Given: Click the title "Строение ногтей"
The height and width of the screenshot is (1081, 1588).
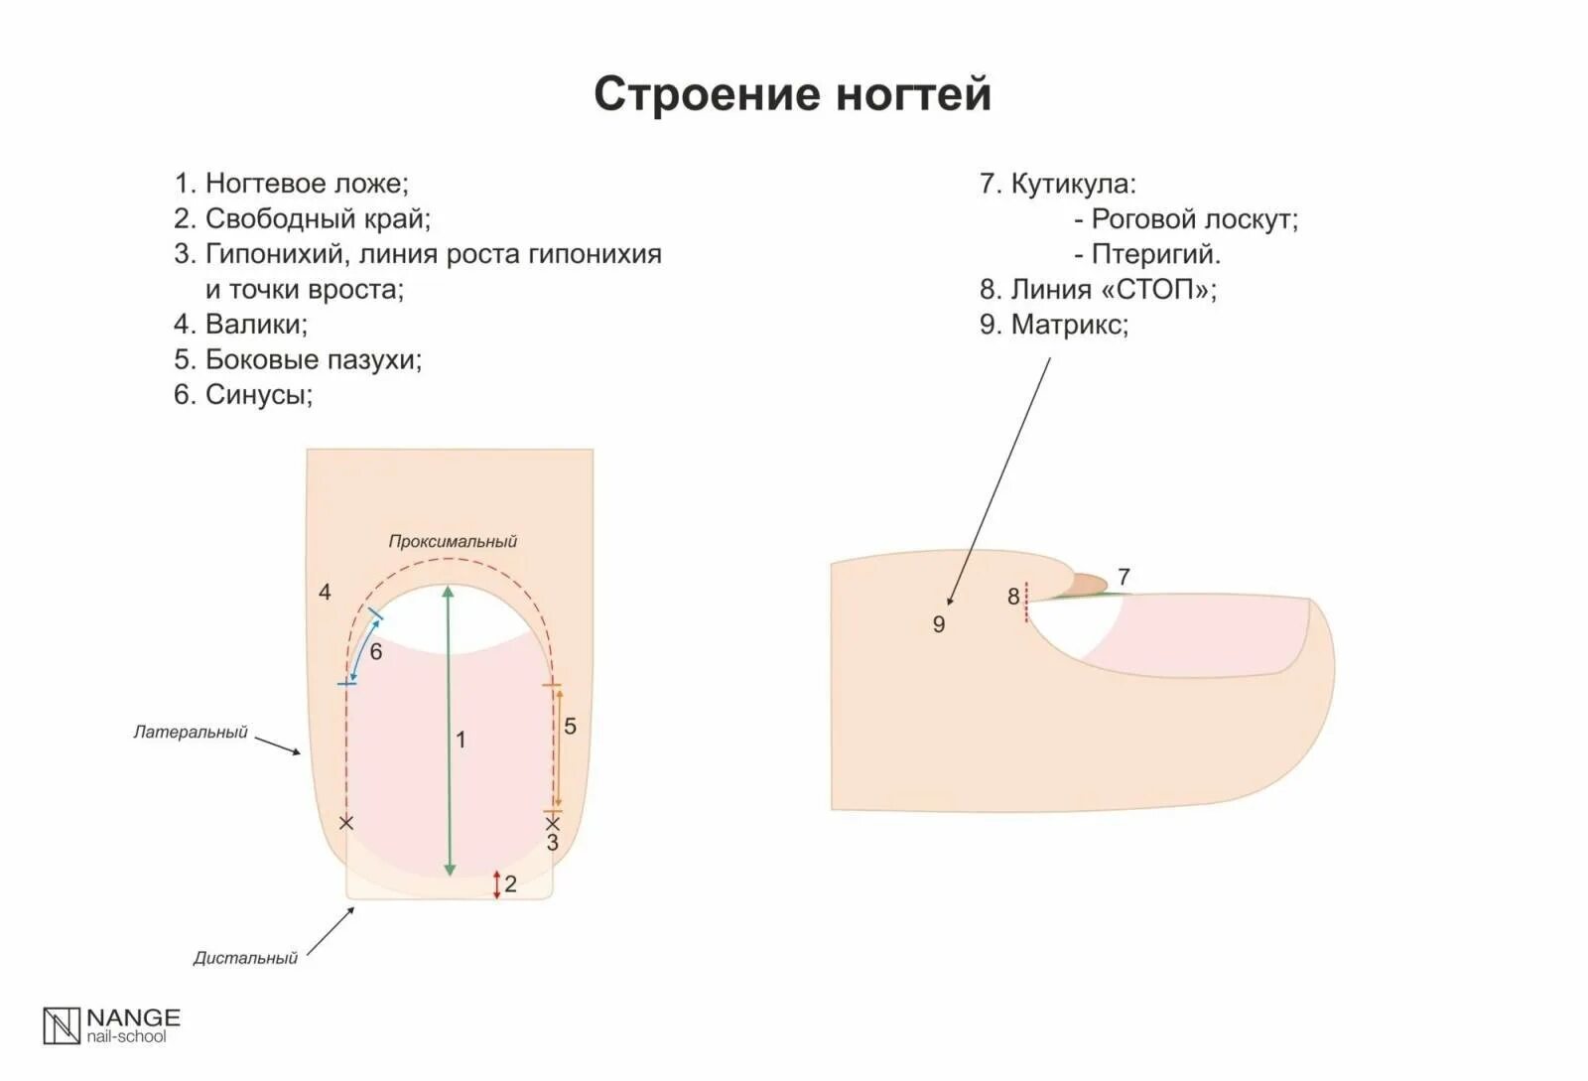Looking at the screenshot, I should pyautogui.click(x=792, y=95).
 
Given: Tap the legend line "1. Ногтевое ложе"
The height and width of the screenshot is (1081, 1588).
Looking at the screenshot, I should pyautogui.click(x=291, y=184).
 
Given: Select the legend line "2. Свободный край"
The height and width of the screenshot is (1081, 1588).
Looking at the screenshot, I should pyautogui.click(x=302, y=218).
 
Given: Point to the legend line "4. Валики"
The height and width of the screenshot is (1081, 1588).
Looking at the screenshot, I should pyautogui.click(x=240, y=325).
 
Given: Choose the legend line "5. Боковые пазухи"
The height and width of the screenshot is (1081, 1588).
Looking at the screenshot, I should pyautogui.click(x=298, y=359).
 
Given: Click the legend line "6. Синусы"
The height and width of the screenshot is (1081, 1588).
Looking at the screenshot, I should pyautogui.click(x=243, y=395).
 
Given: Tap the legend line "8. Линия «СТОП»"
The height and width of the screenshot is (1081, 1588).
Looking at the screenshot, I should pyautogui.click(x=1098, y=290).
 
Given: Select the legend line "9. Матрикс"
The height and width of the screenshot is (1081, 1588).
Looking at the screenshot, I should pyautogui.click(x=1054, y=325).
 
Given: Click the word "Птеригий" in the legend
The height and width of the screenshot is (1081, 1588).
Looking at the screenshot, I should pyautogui.click(x=1155, y=254).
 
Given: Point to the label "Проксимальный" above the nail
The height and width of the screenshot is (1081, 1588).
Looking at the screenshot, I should pyautogui.click(x=453, y=542).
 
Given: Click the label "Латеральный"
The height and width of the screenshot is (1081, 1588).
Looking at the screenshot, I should pyautogui.click(x=191, y=733).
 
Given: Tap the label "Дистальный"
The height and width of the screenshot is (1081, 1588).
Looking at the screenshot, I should pyautogui.click(x=245, y=959).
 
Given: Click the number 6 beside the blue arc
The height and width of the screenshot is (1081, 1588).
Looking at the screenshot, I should pyautogui.click(x=376, y=652).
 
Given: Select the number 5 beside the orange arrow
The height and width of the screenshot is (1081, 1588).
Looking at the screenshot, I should pyautogui.click(x=570, y=727).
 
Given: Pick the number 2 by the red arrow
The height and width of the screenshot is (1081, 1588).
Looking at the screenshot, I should pyautogui.click(x=510, y=884).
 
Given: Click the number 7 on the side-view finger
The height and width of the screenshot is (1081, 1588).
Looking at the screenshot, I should pyautogui.click(x=1124, y=577).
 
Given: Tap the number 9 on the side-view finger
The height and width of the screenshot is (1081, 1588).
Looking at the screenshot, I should pyautogui.click(x=939, y=624).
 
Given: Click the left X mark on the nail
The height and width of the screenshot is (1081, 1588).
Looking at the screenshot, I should pyautogui.click(x=345, y=823).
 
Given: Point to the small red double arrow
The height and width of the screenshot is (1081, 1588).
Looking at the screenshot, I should pyautogui.click(x=497, y=884).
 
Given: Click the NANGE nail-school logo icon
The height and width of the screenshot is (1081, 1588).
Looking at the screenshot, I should pyautogui.click(x=61, y=1025).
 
